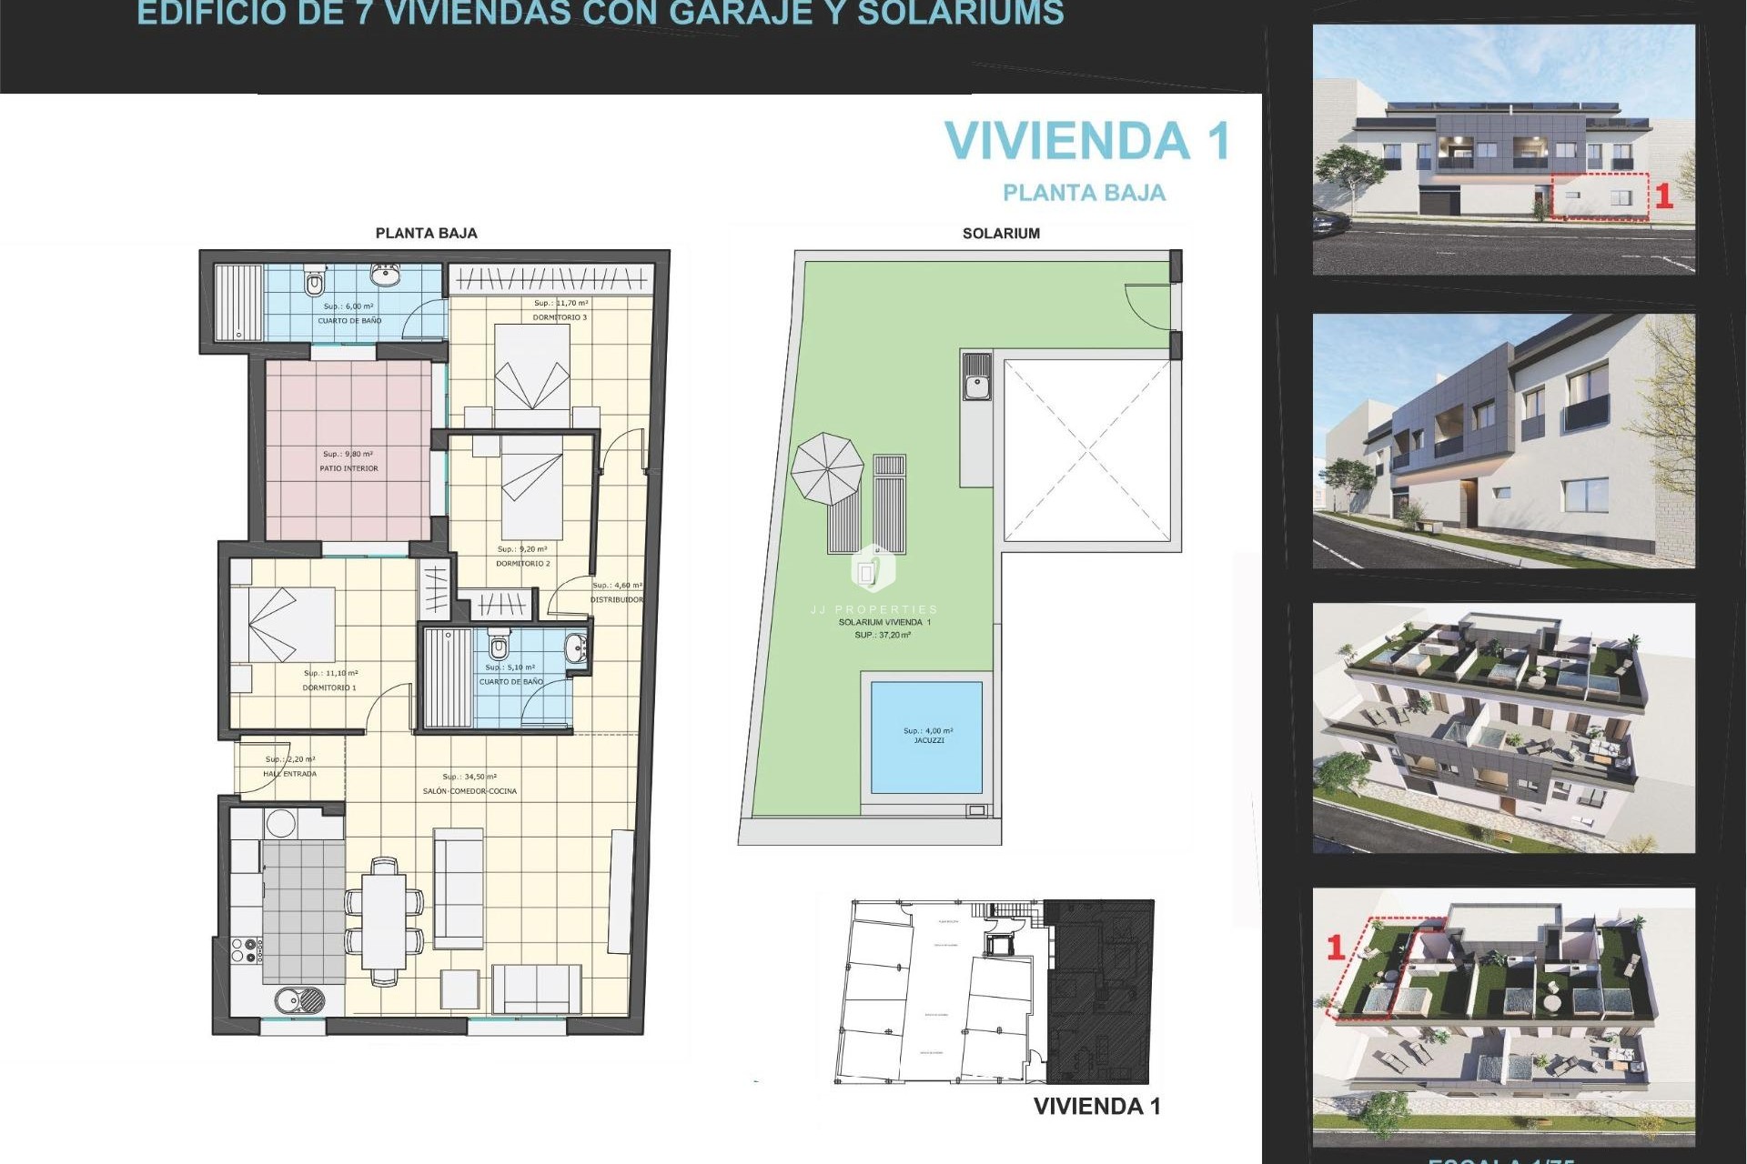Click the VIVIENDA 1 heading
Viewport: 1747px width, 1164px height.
tap(1086, 141)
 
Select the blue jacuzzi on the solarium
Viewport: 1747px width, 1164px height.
tap(926, 737)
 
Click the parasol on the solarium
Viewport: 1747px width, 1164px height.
tap(826, 469)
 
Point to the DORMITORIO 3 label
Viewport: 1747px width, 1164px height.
tap(560, 317)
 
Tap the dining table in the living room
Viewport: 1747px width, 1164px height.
tap(384, 920)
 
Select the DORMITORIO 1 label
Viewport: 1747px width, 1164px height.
tap(329, 687)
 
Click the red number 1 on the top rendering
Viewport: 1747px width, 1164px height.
tap(1663, 196)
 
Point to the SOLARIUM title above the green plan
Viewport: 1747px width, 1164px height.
tap(1001, 234)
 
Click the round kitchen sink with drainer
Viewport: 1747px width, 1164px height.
tap(299, 999)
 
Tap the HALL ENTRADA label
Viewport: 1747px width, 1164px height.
tap(289, 774)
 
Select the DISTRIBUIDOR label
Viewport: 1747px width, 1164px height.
tap(616, 599)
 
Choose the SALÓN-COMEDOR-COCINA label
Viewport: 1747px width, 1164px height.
tap(470, 791)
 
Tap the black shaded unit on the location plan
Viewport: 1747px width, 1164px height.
tap(1099, 991)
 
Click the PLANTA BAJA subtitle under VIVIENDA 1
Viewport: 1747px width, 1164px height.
tap(1084, 193)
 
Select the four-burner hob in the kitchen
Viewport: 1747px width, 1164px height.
tap(246, 951)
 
